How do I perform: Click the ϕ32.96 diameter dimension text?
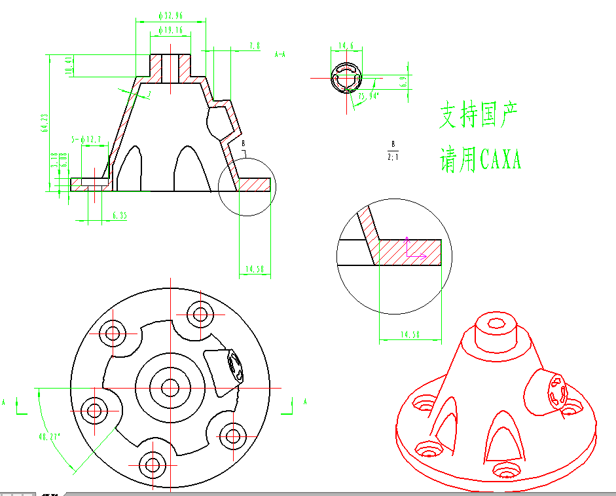[171, 14]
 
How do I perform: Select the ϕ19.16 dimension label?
[171, 30]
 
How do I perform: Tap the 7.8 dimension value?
[255, 46]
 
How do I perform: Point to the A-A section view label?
[280, 54]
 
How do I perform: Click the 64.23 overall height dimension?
[45, 123]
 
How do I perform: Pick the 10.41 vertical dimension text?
[67, 66]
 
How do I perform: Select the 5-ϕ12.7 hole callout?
[86, 140]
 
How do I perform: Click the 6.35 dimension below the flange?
[119, 215]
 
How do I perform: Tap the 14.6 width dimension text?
[346, 46]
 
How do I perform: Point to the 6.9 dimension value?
[403, 81]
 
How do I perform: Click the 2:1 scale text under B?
[393, 157]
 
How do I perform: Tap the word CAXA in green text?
[500, 160]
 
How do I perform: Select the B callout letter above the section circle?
[243, 142]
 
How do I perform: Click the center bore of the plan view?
[172, 387]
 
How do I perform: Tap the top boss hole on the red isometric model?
[494, 322]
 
